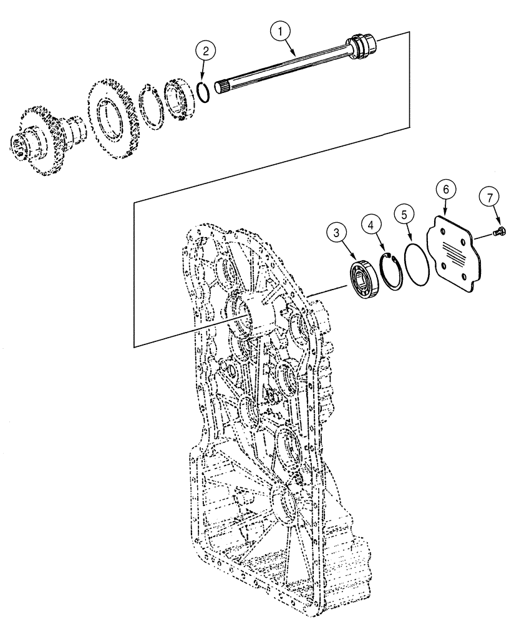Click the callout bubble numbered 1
(x=283, y=29)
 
